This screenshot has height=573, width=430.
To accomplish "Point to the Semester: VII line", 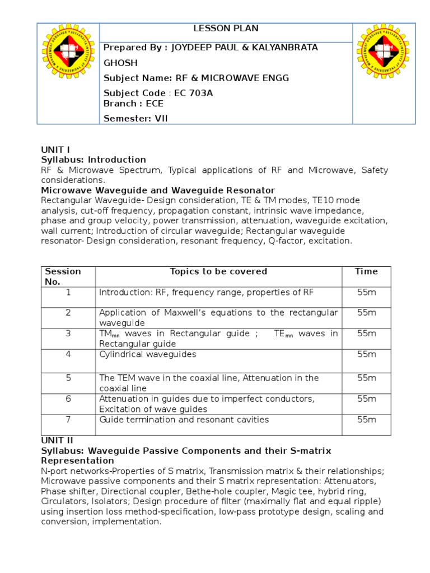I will click(x=135, y=118).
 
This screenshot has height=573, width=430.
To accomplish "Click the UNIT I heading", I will click(x=55, y=149).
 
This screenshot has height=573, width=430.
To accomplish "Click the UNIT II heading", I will click(x=57, y=440).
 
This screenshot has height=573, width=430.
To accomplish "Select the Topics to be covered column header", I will click(x=218, y=271).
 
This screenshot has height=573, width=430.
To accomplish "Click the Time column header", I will click(x=366, y=271).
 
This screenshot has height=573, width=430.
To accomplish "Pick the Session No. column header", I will click(x=63, y=276).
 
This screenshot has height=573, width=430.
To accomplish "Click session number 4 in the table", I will click(x=68, y=354).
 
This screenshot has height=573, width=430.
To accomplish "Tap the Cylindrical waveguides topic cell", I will click(x=148, y=354).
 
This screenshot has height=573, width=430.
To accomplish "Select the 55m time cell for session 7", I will click(x=366, y=419).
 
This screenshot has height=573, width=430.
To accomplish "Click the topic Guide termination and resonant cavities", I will click(x=184, y=419).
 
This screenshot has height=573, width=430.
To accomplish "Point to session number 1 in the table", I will click(x=68, y=292).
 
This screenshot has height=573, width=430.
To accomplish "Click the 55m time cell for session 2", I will click(x=366, y=312).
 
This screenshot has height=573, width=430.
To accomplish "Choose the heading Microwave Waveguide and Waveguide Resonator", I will click(x=158, y=190).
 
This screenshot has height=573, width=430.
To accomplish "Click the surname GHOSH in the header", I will click(x=119, y=63).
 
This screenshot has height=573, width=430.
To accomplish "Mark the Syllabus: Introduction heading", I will click(x=94, y=159).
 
